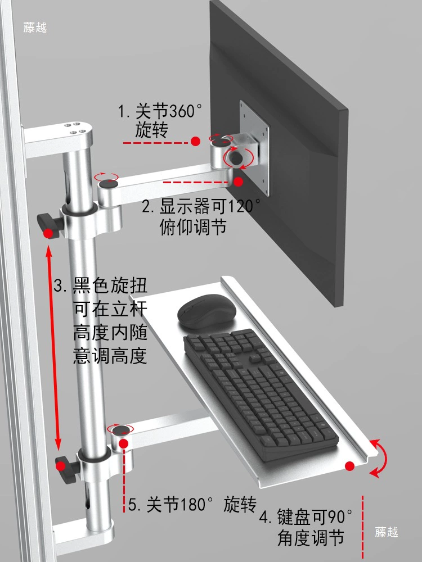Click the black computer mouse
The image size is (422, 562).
pos(207,311)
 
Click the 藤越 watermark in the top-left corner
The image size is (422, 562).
pos(35,27)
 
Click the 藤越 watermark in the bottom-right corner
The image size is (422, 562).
pos(387,532)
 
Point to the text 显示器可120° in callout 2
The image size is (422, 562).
pos(210,207)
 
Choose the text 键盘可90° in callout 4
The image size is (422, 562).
pos(315,517)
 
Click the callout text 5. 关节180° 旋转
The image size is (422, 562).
pos(192,504)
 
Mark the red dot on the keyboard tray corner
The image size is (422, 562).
pos(349,466)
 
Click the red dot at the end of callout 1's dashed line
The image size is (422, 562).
pos(195,141)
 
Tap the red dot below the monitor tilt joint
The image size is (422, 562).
pos(238,182)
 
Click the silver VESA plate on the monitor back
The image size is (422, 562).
pos(254,148)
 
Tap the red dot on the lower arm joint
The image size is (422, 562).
pos(124,444)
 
